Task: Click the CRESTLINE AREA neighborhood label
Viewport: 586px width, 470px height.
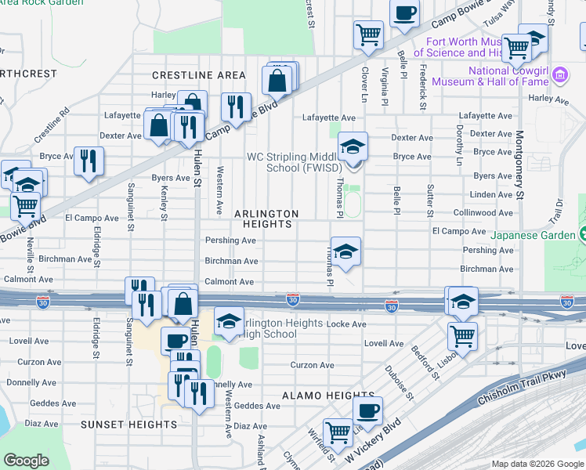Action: pyautogui.click(x=199, y=75)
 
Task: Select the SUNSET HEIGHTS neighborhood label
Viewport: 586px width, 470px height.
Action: pyautogui.click(x=129, y=425)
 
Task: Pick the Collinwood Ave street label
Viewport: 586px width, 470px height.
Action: pyautogui.click(x=483, y=212)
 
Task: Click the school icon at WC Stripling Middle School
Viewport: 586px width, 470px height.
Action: pyautogui.click(x=353, y=146)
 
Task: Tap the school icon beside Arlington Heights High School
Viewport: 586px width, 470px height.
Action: pyautogui.click(x=229, y=321)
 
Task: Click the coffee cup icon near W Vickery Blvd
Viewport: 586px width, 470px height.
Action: pyautogui.click(x=367, y=409)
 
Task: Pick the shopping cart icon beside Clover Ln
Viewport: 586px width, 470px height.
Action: pyautogui.click(x=368, y=34)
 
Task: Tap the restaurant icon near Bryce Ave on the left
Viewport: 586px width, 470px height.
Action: pyautogui.click(x=89, y=161)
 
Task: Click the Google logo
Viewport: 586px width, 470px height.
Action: pyautogui.click(x=27, y=461)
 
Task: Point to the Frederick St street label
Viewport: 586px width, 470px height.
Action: pyautogui.click(x=422, y=85)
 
